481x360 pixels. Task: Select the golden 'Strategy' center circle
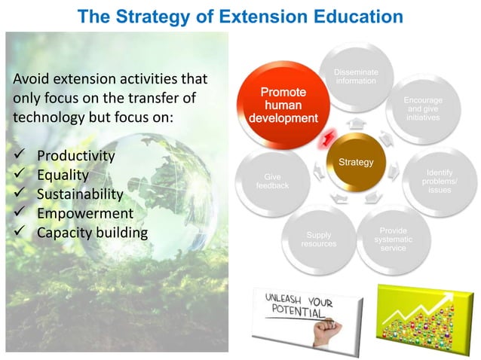pyautogui.click(x=355, y=163)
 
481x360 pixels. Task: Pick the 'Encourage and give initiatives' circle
pyautogui.click(x=423, y=108)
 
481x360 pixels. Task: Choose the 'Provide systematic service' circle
pyautogui.click(x=393, y=239)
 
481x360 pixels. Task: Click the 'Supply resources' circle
pyautogui.click(x=318, y=239)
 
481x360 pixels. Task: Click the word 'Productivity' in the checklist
pyautogui.click(x=75, y=156)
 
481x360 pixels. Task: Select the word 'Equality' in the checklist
pyautogui.click(x=63, y=175)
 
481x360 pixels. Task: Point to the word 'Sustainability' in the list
pyautogui.click(x=80, y=194)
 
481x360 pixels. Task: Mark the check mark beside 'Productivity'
pyautogui.click(x=20, y=156)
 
